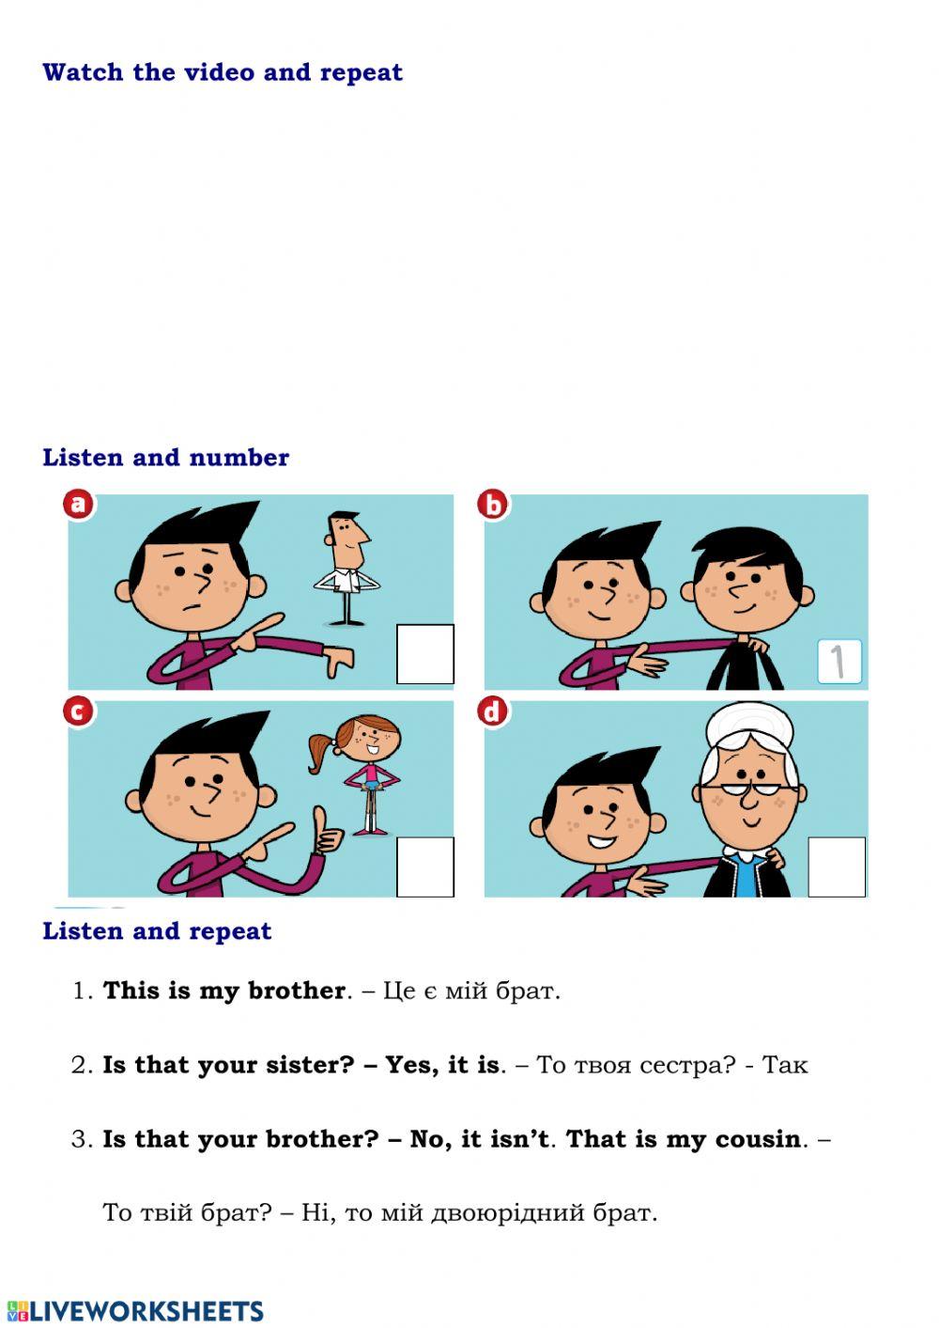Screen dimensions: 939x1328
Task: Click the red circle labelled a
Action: [78, 505]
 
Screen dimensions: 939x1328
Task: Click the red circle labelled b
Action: [493, 505]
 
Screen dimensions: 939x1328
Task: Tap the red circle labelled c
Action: [78, 711]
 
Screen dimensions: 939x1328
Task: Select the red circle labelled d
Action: [493, 711]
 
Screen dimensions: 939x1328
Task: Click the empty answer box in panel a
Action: [424, 654]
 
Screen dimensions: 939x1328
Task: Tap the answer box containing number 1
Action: [839, 662]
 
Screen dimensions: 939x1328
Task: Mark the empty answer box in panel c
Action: [424, 867]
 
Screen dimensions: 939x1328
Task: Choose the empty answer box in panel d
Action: [837, 867]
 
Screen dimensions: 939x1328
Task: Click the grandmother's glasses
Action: [748, 790]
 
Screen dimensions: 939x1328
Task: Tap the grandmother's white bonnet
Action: [749, 726]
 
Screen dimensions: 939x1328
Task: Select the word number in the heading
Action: [239, 458]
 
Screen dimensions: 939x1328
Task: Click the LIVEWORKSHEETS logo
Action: [135, 1311]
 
